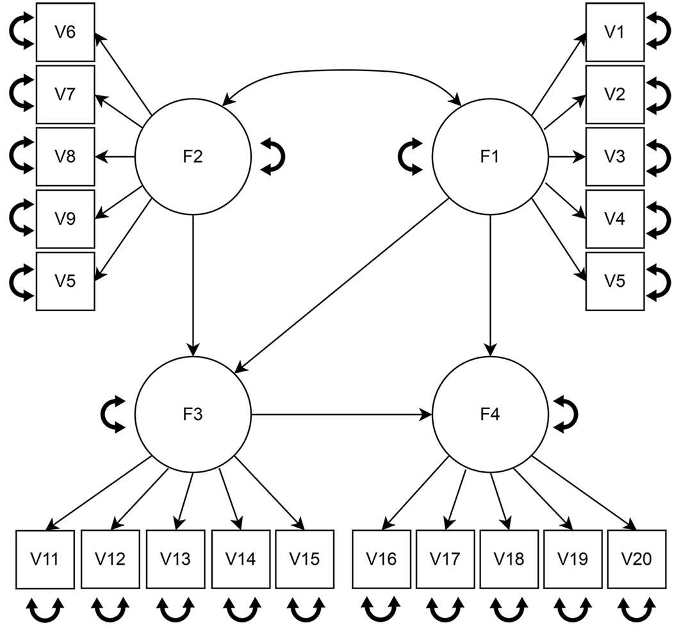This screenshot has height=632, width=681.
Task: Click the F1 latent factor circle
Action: tap(490, 157)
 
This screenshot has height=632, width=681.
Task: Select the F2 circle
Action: tap(193, 157)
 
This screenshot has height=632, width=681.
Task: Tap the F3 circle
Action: tap(193, 414)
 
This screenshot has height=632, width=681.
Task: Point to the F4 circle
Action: tap(490, 414)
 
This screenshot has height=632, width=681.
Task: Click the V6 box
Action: tap(65, 32)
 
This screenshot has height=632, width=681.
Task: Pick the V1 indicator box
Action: tap(615, 32)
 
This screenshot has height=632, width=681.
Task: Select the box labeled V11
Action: tap(45, 559)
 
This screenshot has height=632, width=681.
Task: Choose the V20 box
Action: tap(637, 559)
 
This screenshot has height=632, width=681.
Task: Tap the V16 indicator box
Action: tap(381, 559)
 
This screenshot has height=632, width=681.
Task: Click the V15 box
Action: tap(305, 559)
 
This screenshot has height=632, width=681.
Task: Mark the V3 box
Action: tap(615, 157)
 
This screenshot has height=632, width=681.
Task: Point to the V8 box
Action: tap(65, 157)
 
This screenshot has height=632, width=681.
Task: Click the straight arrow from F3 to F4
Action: tap(342, 414)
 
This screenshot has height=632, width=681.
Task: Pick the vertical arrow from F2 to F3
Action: tap(193, 286)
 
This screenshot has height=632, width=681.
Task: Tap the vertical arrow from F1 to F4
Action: tap(490, 286)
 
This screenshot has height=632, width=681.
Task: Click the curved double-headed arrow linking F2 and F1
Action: tap(342, 70)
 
